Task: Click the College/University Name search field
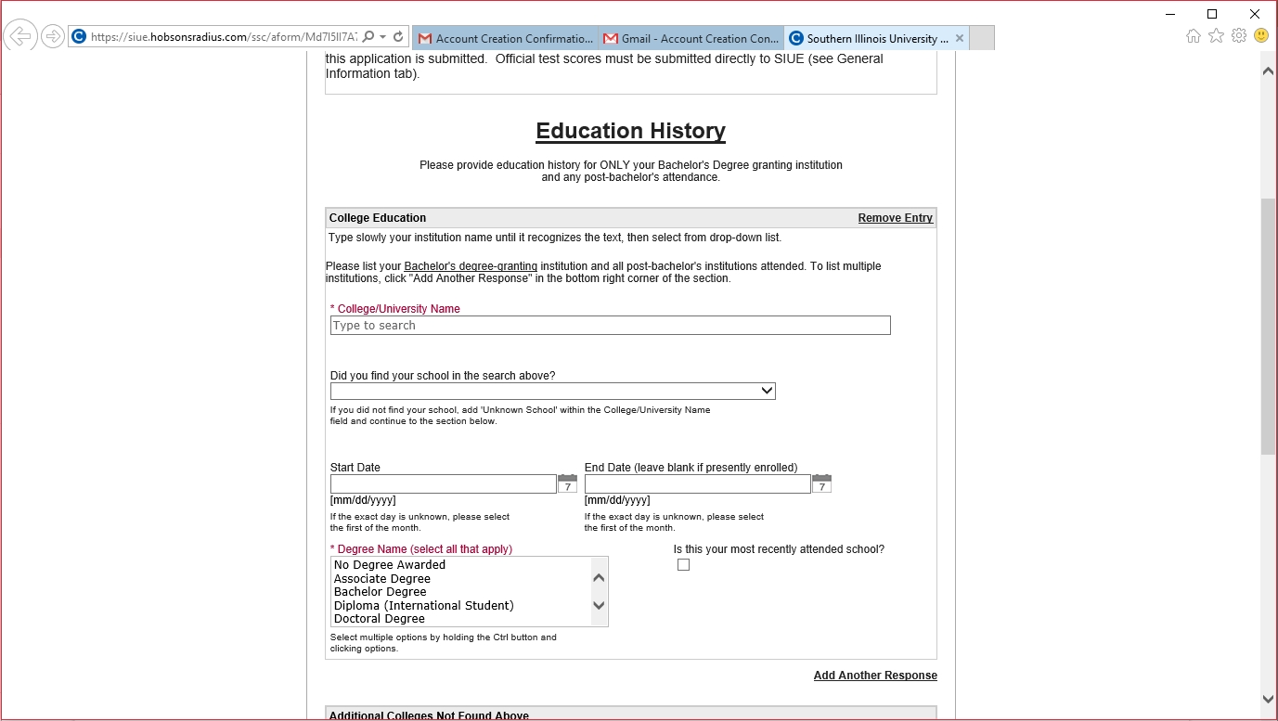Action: click(x=610, y=326)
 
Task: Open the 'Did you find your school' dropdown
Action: click(x=552, y=392)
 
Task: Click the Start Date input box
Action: click(x=443, y=484)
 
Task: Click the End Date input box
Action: click(x=697, y=484)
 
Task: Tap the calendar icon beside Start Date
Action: click(x=567, y=484)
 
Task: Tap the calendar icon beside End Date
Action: click(x=821, y=484)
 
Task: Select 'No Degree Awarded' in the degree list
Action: click(x=390, y=565)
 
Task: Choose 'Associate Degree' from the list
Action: click(x=382, y=579)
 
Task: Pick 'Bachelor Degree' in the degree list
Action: click(x=381, y=592)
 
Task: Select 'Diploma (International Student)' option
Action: click(x=423, y=606)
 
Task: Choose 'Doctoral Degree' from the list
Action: click(x=380, y=619)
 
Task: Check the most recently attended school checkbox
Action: click(x=684, y=565)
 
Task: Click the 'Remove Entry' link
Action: click(x=895, y=218)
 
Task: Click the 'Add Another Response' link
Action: click(x=875, y=676)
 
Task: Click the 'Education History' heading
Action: click(x=630, y=131)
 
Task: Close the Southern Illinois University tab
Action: click(x=960, y=38)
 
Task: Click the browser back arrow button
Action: click(x=19, y=37)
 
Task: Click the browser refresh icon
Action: click(x=398, y=37)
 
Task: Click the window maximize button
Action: click(x=1212, y=14)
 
